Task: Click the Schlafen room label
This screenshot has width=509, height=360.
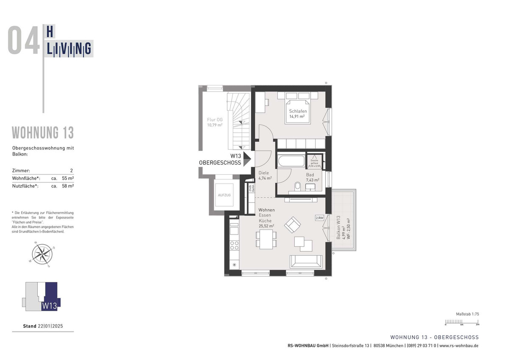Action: click(298, 111)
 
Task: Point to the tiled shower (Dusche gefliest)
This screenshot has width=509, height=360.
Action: click(314, 163)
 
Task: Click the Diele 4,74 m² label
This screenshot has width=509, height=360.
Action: click(265, 175)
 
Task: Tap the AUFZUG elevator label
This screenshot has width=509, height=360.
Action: click(224, 195)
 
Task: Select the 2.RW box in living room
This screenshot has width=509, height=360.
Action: click(319, 218)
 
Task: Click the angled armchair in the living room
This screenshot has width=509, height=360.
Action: click(292, 224)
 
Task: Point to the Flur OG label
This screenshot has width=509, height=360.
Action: click(215, 120)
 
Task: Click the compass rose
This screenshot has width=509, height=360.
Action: click(42, 254)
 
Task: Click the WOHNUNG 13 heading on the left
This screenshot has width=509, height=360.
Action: click(43, 133)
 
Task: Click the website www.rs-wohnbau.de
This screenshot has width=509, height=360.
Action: click(459, 346)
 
